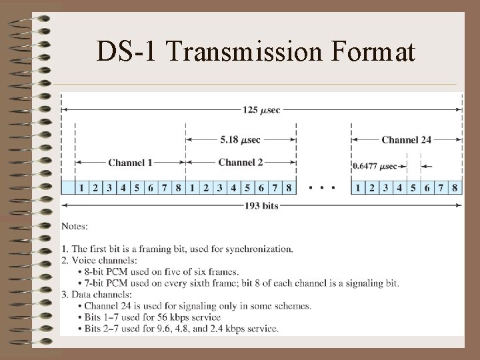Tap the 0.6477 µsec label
point(374,166)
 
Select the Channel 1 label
point(130,162)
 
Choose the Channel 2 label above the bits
point(241,162)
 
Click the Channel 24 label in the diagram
point(407,140)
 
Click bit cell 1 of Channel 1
point(81,188)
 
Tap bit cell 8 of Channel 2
point(289,188)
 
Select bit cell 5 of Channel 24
point(413,188)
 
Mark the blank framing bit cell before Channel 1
point(67,188)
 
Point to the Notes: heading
point(74,227)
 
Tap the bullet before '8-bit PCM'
point(79,272)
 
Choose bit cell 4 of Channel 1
point(123,188)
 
